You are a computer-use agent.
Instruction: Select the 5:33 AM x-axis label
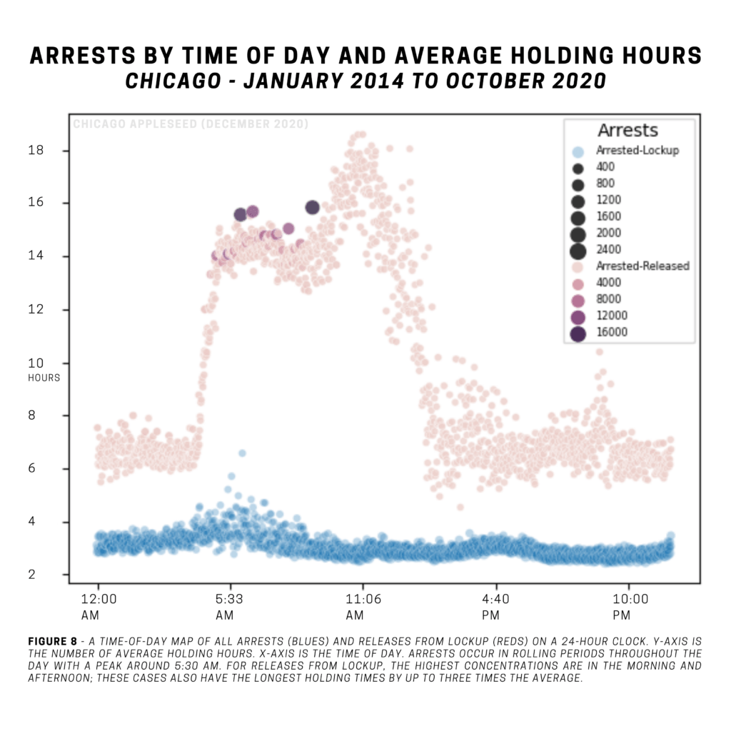click(x=229, y=606)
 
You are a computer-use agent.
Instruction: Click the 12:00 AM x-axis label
click(x=97, y=606)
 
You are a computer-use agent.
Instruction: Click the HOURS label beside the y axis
click(x=44, y=378)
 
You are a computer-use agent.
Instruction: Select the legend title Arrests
click(x=627, y=131)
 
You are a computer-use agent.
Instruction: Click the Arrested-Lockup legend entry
click(x=637, y=151)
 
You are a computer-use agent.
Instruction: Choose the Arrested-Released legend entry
click(x=642, y=266)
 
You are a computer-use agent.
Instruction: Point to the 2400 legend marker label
click(x=608, y=249)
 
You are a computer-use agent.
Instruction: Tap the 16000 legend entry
click(x=611, y=332)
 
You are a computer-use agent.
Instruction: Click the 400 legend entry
click(x=605, y=167)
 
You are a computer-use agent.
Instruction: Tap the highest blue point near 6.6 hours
click(x=242, y=453)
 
